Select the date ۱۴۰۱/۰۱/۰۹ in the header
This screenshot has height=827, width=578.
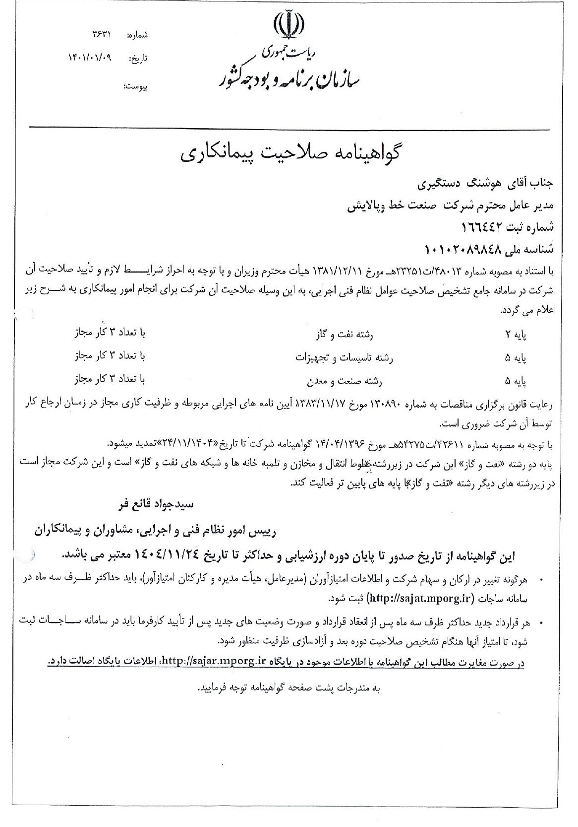90,58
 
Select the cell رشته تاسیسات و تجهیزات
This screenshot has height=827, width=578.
344,357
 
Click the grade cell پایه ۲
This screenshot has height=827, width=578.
516,335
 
